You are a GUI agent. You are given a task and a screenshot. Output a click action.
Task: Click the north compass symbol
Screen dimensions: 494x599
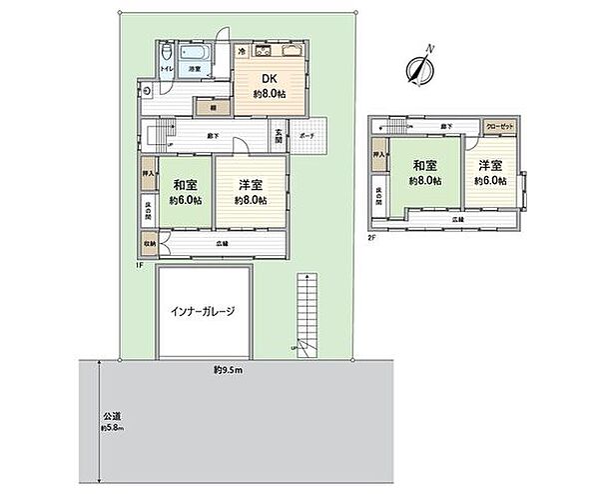coord(420,68)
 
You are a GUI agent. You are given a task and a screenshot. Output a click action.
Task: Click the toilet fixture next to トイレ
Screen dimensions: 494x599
coord(166,56)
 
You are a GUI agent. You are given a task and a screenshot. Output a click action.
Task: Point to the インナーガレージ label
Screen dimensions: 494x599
coord(202,312)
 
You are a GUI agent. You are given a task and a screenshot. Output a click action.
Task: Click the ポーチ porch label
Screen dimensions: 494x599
coord(307,134)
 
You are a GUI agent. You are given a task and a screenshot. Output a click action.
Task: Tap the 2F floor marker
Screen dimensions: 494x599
coord(371,237)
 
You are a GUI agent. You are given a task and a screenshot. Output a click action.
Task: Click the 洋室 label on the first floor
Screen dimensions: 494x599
coord(251,185)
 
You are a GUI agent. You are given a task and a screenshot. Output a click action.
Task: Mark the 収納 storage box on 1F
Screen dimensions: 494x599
coord(148,240)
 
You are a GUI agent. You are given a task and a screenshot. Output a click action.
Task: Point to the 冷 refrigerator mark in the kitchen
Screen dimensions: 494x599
coord(242,50)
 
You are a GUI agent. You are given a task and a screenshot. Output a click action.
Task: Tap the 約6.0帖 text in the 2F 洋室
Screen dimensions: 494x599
coord(489,181)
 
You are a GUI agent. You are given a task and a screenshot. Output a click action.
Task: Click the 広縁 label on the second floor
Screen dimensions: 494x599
coord(456,218)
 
